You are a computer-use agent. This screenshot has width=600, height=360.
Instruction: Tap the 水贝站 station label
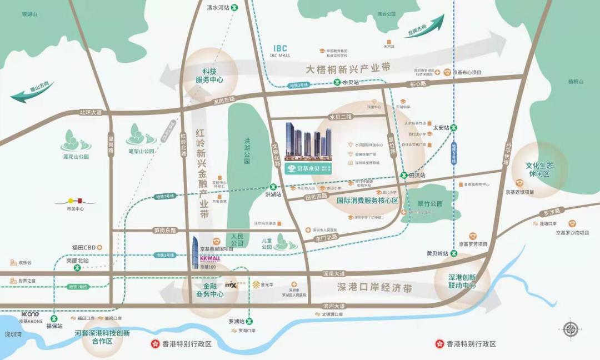click(x=351, y=82)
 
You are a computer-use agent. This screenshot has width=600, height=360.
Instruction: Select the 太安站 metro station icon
click(x=454, y=127)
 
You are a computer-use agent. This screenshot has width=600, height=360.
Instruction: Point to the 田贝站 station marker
click(x=404, y=175)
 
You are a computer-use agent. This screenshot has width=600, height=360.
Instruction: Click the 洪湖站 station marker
click(x=273, y=187)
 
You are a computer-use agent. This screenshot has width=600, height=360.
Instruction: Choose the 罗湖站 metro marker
click(x=249, y=321)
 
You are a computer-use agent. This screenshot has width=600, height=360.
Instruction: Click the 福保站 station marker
click(x=54, y=318)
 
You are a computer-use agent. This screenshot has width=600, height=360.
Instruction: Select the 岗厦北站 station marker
click(x=77, y=268)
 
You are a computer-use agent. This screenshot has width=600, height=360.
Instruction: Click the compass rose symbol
click(x=570, y=329)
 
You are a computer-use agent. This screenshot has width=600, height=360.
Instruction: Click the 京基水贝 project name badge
click(x=308, y=169)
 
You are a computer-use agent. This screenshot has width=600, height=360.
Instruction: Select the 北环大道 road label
click(x=92, y=112)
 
